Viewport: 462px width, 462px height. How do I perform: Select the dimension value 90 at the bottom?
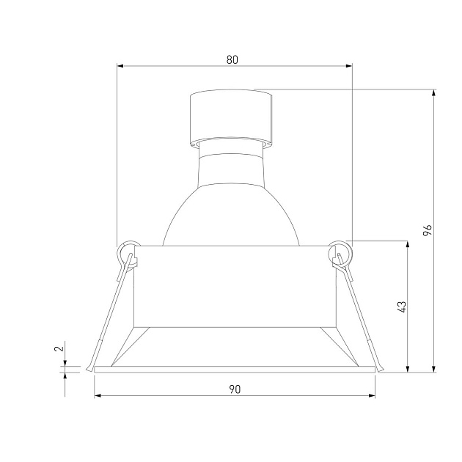[x=234, y=389]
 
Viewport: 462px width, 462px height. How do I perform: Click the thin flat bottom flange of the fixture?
[x=234, y=370]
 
